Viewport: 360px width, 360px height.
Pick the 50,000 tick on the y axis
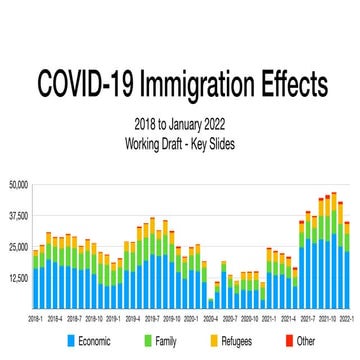click(x=18, y=185)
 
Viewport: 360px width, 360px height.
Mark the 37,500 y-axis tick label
click(x=18, y=216)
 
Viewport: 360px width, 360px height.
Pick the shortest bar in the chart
click(x=210, y=303)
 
